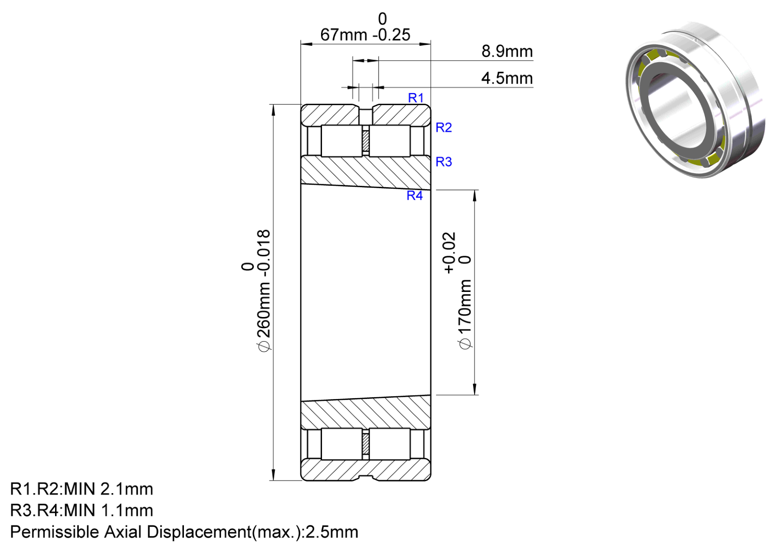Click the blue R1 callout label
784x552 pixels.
click(416, 98)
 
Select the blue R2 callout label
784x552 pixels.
click(444, 128)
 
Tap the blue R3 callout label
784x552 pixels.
click(444, 162)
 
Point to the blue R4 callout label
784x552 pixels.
click(415, 195)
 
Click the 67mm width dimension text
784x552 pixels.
click(344, 35)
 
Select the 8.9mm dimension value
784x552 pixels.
click(507, 52)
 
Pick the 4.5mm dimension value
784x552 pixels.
click(507, 78)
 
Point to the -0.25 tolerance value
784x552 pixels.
click(392, 35)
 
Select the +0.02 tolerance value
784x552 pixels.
click(449, 252)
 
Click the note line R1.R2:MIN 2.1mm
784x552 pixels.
click(82, 489)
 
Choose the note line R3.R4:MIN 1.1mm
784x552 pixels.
click(82, 511)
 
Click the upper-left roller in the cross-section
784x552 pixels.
click(342, 141)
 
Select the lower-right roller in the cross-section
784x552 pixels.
click(390, 444)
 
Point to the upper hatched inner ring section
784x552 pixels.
click(366, 172)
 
